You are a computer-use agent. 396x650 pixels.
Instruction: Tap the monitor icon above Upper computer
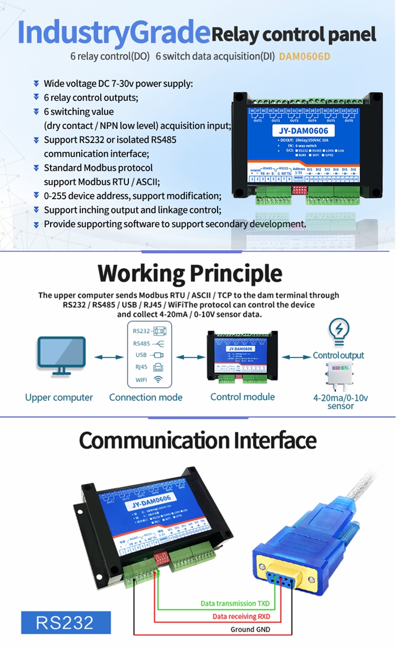click(61, 355)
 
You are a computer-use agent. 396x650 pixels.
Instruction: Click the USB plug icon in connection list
click(157, 355)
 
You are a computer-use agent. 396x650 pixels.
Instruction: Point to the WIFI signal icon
click(158, 380)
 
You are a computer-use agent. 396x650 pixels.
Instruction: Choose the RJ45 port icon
click(158, 368)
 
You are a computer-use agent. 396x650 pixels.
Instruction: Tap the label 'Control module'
click(242, 397)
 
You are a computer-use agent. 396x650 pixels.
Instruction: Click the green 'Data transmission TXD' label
click(235, 603)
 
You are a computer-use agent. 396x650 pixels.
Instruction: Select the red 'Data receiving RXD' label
click(241, 616)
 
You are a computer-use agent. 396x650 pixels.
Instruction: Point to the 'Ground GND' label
click(250, 629)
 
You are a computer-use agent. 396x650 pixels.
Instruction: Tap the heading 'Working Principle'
click(190, 273)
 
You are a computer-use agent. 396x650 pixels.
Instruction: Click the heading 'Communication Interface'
click(197, 440)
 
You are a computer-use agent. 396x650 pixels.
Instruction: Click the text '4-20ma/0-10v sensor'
click(341, 401)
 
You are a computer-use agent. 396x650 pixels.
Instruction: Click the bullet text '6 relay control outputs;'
click(91, 98)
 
